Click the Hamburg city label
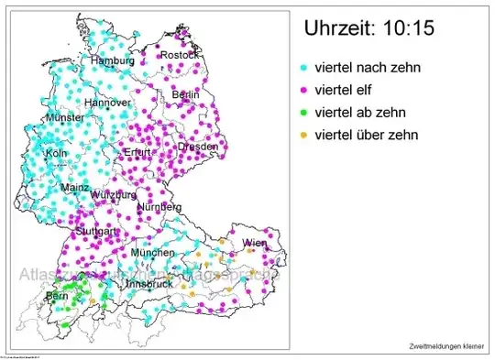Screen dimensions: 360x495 point(112,60)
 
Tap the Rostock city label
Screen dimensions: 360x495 point(179,56)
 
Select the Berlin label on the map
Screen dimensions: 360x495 point(186,95)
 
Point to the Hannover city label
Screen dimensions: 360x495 point(106,104)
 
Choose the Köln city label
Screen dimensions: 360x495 point(55,153)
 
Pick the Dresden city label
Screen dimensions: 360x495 point(199,147)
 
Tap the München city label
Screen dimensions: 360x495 point(152,252)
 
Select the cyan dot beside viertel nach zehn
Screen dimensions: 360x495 point(304,68)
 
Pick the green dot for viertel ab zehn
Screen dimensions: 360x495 point(304,113)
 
